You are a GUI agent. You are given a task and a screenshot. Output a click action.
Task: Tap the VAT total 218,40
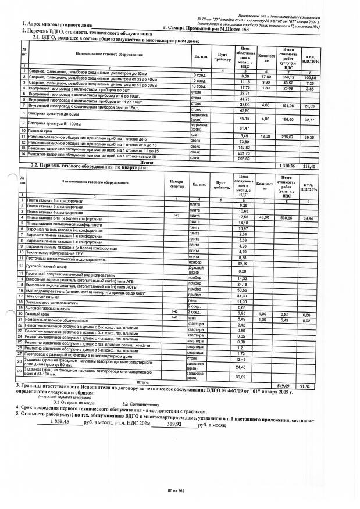click(316, 166)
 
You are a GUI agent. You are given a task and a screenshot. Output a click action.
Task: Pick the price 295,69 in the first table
click(245, 158)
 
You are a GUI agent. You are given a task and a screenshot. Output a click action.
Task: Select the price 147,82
click(245, 147)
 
